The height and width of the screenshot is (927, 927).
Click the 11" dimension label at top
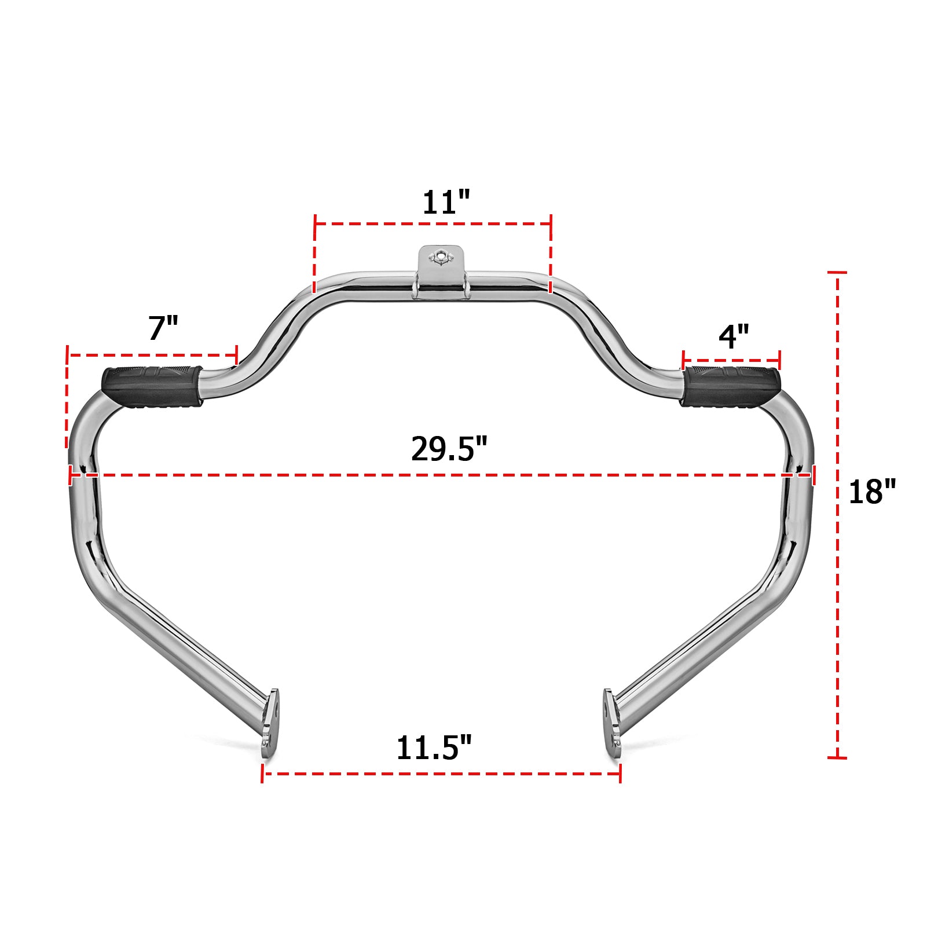pyautogui.click(x=446, y=203)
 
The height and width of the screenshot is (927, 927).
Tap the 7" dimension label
pyautogui.click(x=163, y=328)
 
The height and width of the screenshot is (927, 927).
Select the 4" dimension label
pyautogui.click(x=734, y=336)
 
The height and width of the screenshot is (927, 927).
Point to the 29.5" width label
pyautogui.click(x=449, y=449)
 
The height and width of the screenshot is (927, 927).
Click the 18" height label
pyautogui.click(x=872, y=492)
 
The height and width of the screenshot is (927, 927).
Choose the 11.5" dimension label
pyautogui.click(x=434, y=748)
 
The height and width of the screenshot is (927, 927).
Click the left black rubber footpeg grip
pyautogui.click(x=152, y=386)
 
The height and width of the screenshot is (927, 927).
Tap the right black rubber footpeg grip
pyautogui.click(x=731, y=386)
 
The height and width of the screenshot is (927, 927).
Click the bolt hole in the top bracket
pyautogui.click(x=441, y=255)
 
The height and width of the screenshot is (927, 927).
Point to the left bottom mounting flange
pyautogui.click(x=270, y=719)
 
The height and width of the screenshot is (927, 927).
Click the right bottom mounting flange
pyautogui.click(x=612, y=719)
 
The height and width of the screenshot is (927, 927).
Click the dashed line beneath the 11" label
pyautogui.click(x=433, y=223)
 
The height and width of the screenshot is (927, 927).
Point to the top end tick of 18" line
pyautogui.click(x=837, y=272)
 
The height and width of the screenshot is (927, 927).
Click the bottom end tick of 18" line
pyautogui.click(x=837, y=757)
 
